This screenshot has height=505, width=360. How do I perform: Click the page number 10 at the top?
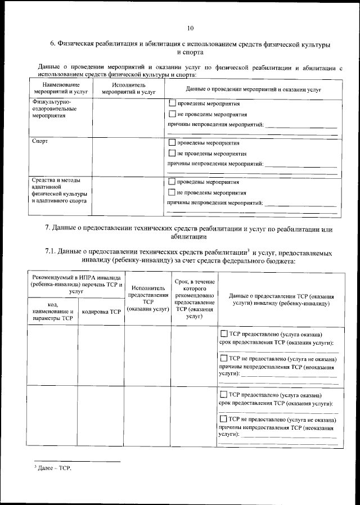click(x=190, y=28)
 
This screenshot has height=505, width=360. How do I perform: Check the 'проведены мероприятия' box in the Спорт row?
click(x=172, y=143)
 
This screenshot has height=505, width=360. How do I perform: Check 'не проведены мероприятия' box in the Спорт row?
click(x=172, y=153)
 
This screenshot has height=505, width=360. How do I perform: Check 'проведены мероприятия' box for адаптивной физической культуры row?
click(x=172, y=182)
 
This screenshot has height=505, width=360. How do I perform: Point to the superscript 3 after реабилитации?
click(x=247, y=249)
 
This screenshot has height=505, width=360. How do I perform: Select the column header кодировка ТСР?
click(x=102, y=311)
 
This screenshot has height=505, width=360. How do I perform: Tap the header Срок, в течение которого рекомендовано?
click(x=194, y=288)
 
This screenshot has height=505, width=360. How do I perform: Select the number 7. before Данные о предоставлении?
click(x=48, y=229)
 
